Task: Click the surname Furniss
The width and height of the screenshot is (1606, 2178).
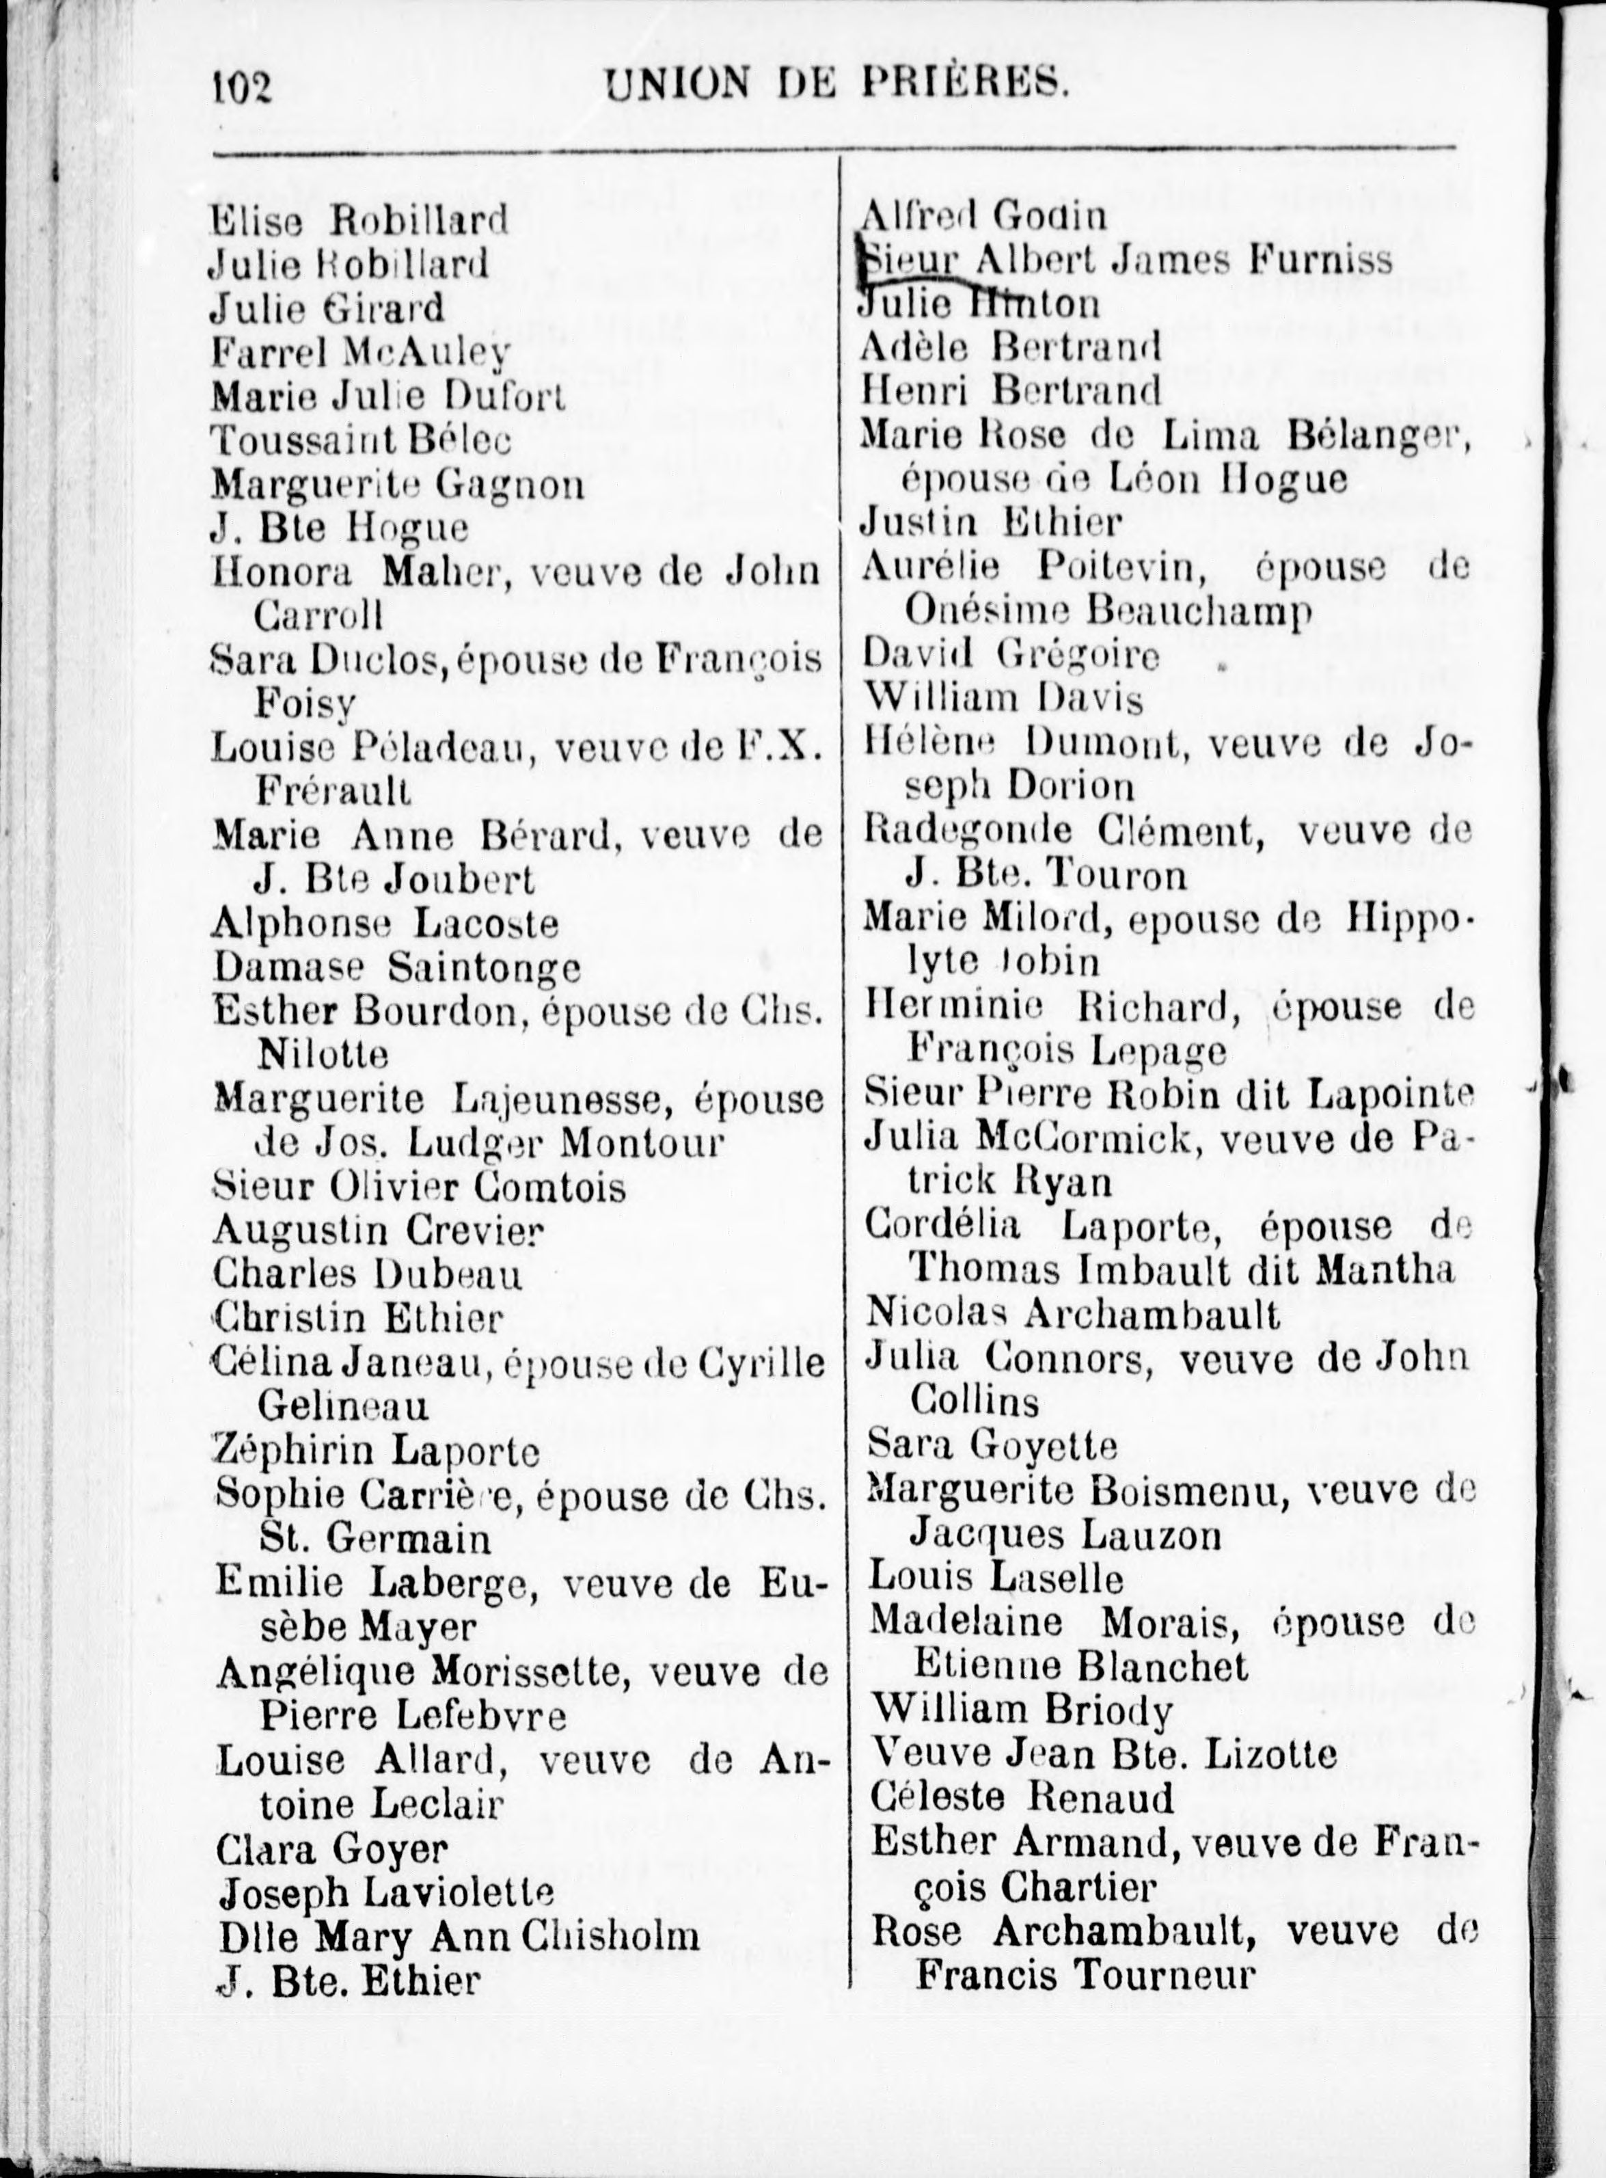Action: [x=1321, y=260]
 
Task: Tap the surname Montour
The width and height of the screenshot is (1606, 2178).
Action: [x=642, y=1142]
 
